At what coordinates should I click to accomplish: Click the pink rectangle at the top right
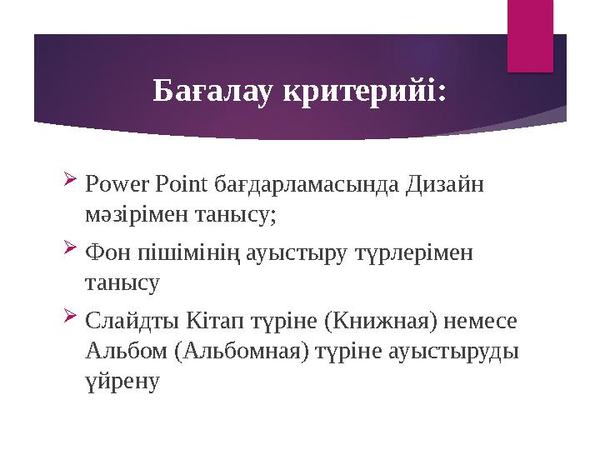pos(532,35)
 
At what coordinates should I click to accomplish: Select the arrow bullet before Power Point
pos(70,180)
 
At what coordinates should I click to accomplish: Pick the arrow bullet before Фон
pos(70,247)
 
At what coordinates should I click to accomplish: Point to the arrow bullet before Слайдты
pos(70,316)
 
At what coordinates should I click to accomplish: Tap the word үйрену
pos(121,384)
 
